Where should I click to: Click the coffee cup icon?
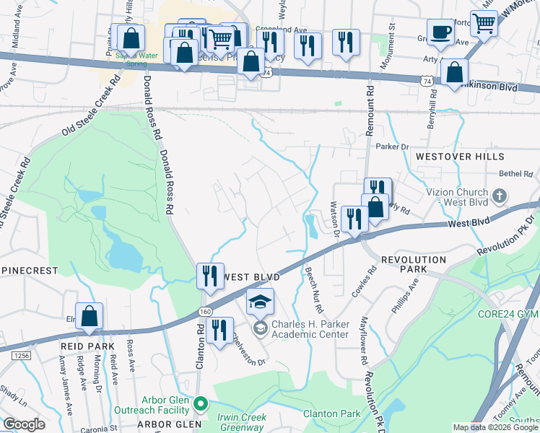click(x=440, y=32)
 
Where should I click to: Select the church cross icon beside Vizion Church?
click(x=499, y=196)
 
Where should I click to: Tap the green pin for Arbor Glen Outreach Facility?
click(x=203, y=404)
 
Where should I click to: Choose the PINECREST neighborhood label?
click(x=29, y=269)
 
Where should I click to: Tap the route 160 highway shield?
click(x=205, y=310)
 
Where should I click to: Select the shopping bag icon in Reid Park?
click(x=89, y=316)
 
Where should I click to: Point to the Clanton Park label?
click(x=331, y=414)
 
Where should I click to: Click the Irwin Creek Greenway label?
click(x=242, y=422)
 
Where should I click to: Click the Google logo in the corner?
click(x=24, y=424)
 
